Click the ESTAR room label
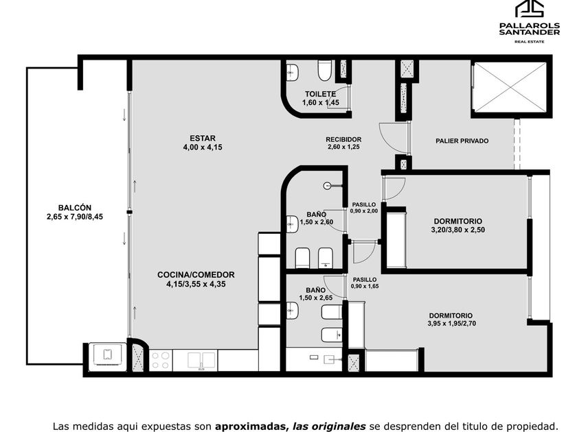[x=203, y=139]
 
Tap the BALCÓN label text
[x=75, y=208]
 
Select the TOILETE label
[x=320, y=94]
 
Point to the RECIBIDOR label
[x=343, y=140]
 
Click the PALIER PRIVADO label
[x=462, y=141]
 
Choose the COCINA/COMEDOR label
[x=196, y=275]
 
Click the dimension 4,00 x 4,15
[x=203, y=147]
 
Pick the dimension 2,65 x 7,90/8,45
[x=75, y=217]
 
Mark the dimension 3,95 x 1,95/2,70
[x=451, y=324]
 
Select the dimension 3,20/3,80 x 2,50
[x=457, y=230]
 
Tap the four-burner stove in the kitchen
[x=161, y=360]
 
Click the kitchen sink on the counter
[x=201, y=361]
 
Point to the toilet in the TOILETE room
[x=324, y=71]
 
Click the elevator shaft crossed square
[x=510, y=86]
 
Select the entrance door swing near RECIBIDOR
[x=394, y=138]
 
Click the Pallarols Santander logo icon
[x=530, y=9]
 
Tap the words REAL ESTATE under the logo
[x=529, y=42]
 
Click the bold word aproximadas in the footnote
[x=250, y=426]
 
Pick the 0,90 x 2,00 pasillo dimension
[x=364, y=211]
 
